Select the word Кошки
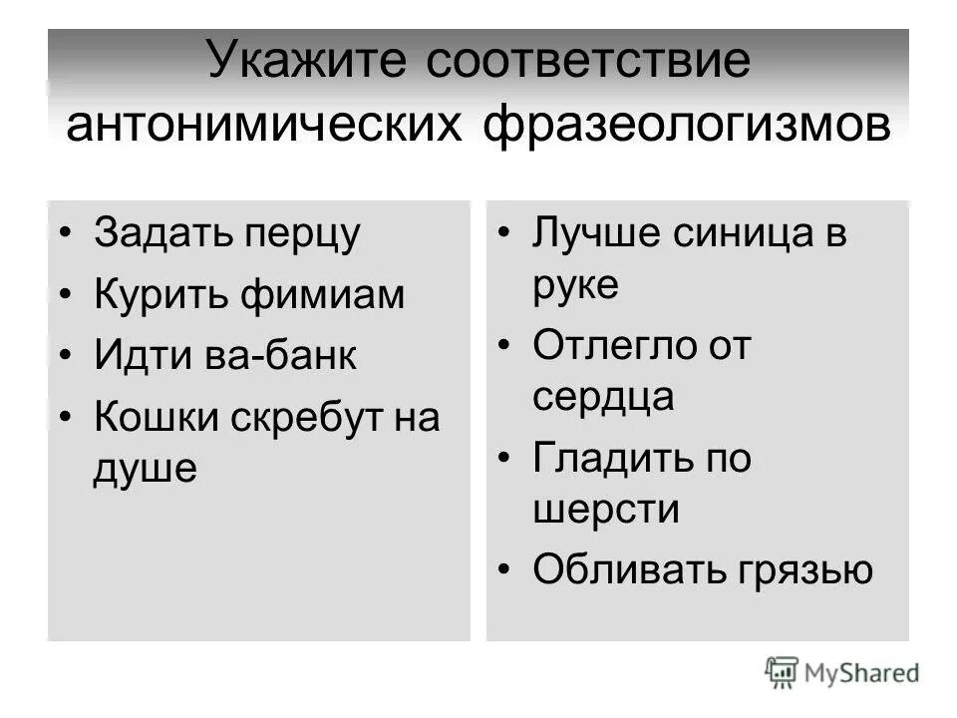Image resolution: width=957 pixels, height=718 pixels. pos(156,418)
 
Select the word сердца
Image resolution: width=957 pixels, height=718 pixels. pos(603,396)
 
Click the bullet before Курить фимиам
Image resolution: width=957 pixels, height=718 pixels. pos(66,295)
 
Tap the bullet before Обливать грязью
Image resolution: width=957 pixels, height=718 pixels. pos(505,569)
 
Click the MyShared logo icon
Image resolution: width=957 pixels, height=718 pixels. pos(783,674)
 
